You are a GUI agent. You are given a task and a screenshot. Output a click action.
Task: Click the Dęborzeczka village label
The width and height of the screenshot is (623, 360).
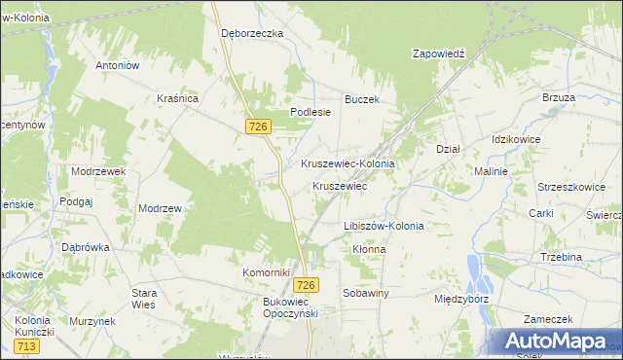tap(251, 33)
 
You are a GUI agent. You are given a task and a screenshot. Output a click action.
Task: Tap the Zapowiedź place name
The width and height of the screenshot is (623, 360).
tap(440, 54)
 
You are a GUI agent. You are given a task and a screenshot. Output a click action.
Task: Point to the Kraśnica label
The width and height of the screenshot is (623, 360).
tap(177, 98)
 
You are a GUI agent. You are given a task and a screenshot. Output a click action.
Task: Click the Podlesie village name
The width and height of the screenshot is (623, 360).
tap(311, 112)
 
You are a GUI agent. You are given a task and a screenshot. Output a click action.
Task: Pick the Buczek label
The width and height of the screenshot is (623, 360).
tap(361, 99)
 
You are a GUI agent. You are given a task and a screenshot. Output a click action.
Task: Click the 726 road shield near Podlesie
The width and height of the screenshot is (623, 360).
tap(258, 126)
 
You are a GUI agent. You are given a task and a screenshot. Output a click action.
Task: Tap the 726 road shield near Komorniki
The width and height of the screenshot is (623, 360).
tap(306, 284)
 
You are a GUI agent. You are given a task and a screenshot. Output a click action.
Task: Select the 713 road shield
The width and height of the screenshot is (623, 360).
tap(26, 345)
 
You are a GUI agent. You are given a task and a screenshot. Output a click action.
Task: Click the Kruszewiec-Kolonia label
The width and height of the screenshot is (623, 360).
tap(348, 163)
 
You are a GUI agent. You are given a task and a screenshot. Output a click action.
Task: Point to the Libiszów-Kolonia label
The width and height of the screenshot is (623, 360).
tap(384, 226)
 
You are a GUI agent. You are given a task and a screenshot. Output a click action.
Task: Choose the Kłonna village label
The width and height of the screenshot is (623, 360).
tap(369, 249)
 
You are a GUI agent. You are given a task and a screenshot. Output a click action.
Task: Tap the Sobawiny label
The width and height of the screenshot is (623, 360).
tap(366, 292)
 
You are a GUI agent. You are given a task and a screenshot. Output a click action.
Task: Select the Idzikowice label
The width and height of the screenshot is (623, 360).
tap(517, 140)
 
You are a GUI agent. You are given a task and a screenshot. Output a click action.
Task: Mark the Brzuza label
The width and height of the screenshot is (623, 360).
tap(559, 98)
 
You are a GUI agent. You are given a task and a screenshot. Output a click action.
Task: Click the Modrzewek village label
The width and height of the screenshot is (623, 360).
tap(98, 170)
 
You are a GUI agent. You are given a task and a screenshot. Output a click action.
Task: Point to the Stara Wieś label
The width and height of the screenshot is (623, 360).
tap(144, 298)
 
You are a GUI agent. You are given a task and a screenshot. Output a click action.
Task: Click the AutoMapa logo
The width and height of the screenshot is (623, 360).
tap(557, 342)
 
